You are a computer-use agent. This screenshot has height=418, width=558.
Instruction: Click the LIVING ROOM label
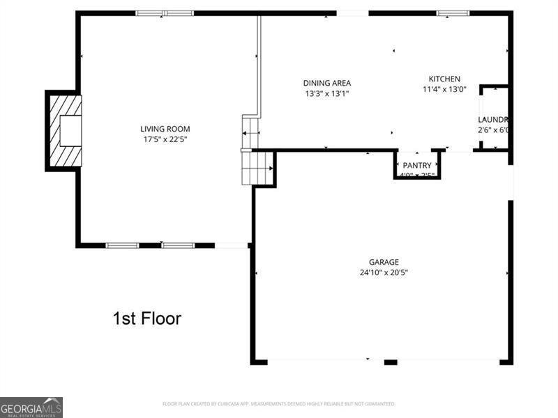[165, 129]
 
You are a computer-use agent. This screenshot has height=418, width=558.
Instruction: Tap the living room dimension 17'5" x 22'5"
[165, 139]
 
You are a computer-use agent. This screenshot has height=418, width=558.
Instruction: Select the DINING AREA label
[326, 83]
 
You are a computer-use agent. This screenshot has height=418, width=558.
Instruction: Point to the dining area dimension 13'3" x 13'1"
[326, 93]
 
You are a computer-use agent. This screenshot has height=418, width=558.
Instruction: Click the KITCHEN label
[444, 79]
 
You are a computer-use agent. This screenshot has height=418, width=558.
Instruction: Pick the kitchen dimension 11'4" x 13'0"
[444, 89]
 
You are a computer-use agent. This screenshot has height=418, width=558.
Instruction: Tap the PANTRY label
[417, 165]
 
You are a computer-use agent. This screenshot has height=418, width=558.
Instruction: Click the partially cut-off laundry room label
[492, 120]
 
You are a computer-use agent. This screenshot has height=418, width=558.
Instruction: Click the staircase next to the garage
[257, 167]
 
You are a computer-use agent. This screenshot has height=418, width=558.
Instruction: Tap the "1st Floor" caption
[146, 319]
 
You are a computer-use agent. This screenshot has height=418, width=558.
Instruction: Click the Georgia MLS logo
[31, 407]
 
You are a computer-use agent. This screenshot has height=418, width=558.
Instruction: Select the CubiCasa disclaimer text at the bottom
[279, 404]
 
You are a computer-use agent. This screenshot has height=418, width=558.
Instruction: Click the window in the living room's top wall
[165, 13]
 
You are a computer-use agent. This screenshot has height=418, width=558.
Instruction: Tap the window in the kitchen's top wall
[453, 13]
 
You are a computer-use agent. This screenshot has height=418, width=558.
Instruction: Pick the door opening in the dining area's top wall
[352, 13]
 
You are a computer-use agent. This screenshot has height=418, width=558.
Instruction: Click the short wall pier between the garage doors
[391, 362]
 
